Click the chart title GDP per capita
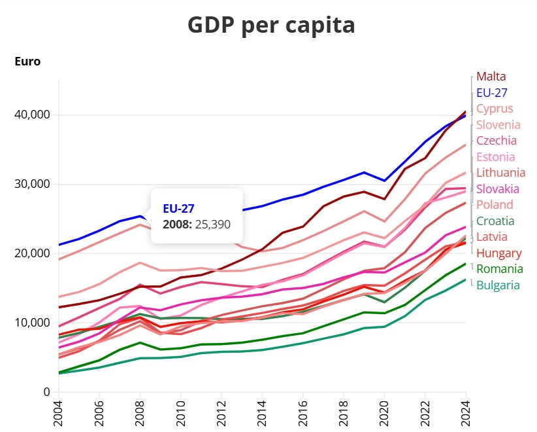pos(271,26)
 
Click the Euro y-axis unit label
pos(27,62)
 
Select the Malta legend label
pos(491,77)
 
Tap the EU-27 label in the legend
pos(492,93)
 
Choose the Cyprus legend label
pos(495,109)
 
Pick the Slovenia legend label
pos(498,124)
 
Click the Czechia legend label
pos(496,141)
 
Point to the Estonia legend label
pos(496,157)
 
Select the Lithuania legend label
pos(501,173)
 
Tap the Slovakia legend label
pos(498,189)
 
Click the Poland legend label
pos(495,205)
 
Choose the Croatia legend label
pos(495,221)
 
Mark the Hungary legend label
pos(498,253)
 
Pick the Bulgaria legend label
pos(498,285)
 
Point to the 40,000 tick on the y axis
pos(31,115)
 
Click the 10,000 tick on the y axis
pos(31,323)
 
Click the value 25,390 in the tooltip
pos(213,224)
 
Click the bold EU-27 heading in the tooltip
pos(179,209)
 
